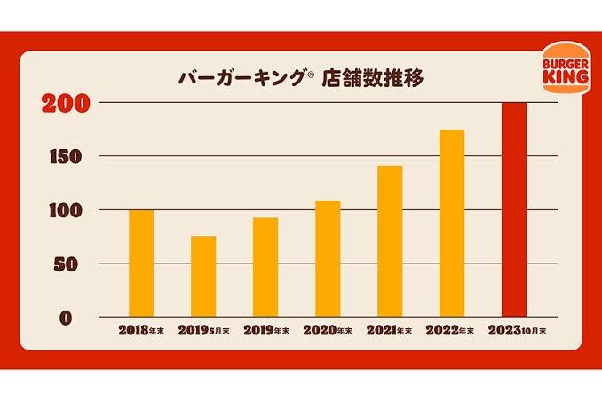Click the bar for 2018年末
(141, 263)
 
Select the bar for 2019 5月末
(203, 277)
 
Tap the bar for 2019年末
(265, 267)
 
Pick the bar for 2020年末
(328, 259)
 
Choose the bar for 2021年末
(390, 241)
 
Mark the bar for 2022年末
(452, 224)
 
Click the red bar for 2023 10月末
(514, 210)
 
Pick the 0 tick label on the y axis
(76, 318)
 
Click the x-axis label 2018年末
(141, 331)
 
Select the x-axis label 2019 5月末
(203, 331)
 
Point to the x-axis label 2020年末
(328, 331)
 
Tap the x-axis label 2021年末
(390, 331)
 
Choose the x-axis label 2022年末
(452, 331)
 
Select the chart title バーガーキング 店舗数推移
(301, 77)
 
